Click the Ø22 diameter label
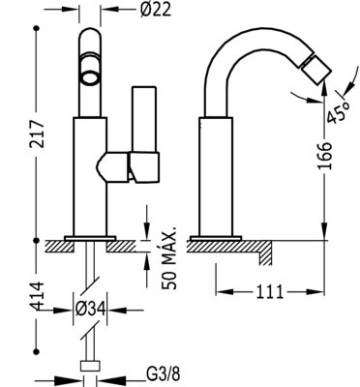(155, 11)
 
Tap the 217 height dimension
(37, 134)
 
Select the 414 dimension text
(37, 296)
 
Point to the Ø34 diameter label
(90, 310)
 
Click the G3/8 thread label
(164, 374)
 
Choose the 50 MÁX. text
(169, 258)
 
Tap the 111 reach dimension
(270, 292)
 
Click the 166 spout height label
(324, 156)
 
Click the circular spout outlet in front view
(90, 78)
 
